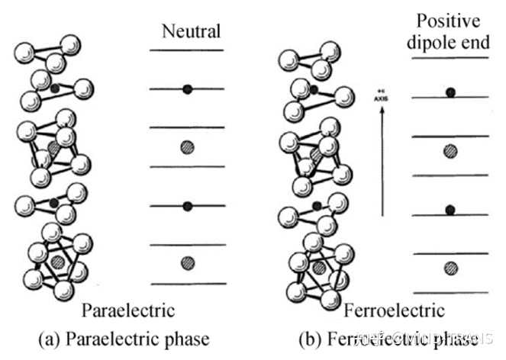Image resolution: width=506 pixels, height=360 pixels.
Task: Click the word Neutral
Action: pyautogui.click(x=191, y=31)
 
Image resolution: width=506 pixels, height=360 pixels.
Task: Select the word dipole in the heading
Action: pyautogui.click(x=436, y=43)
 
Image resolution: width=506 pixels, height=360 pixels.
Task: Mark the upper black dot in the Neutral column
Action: pyautogui.click(x=188, y=89)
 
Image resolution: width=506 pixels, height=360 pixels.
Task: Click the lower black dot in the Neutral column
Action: pyautogui.click(x=188, y=206)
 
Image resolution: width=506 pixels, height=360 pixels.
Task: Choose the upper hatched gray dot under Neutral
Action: pyautogui.click(x=188, y=147)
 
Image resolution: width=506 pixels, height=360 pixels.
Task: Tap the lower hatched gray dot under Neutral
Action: pyautogui.click(x=188, y=263)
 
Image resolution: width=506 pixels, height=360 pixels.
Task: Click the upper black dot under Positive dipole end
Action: pyautogui.click(x=450, y=92)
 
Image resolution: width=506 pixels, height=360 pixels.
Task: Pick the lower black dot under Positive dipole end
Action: pyautogui.click(x=450, y=210)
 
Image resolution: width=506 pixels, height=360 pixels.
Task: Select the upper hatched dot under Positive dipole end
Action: pyautogui.click(x=450, y=151)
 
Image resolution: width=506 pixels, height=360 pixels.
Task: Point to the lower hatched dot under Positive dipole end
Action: pyautogui.click(x=450, y=268)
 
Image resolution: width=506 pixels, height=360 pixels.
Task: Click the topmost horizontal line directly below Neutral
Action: pyautogui.click(x=187, y=50)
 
